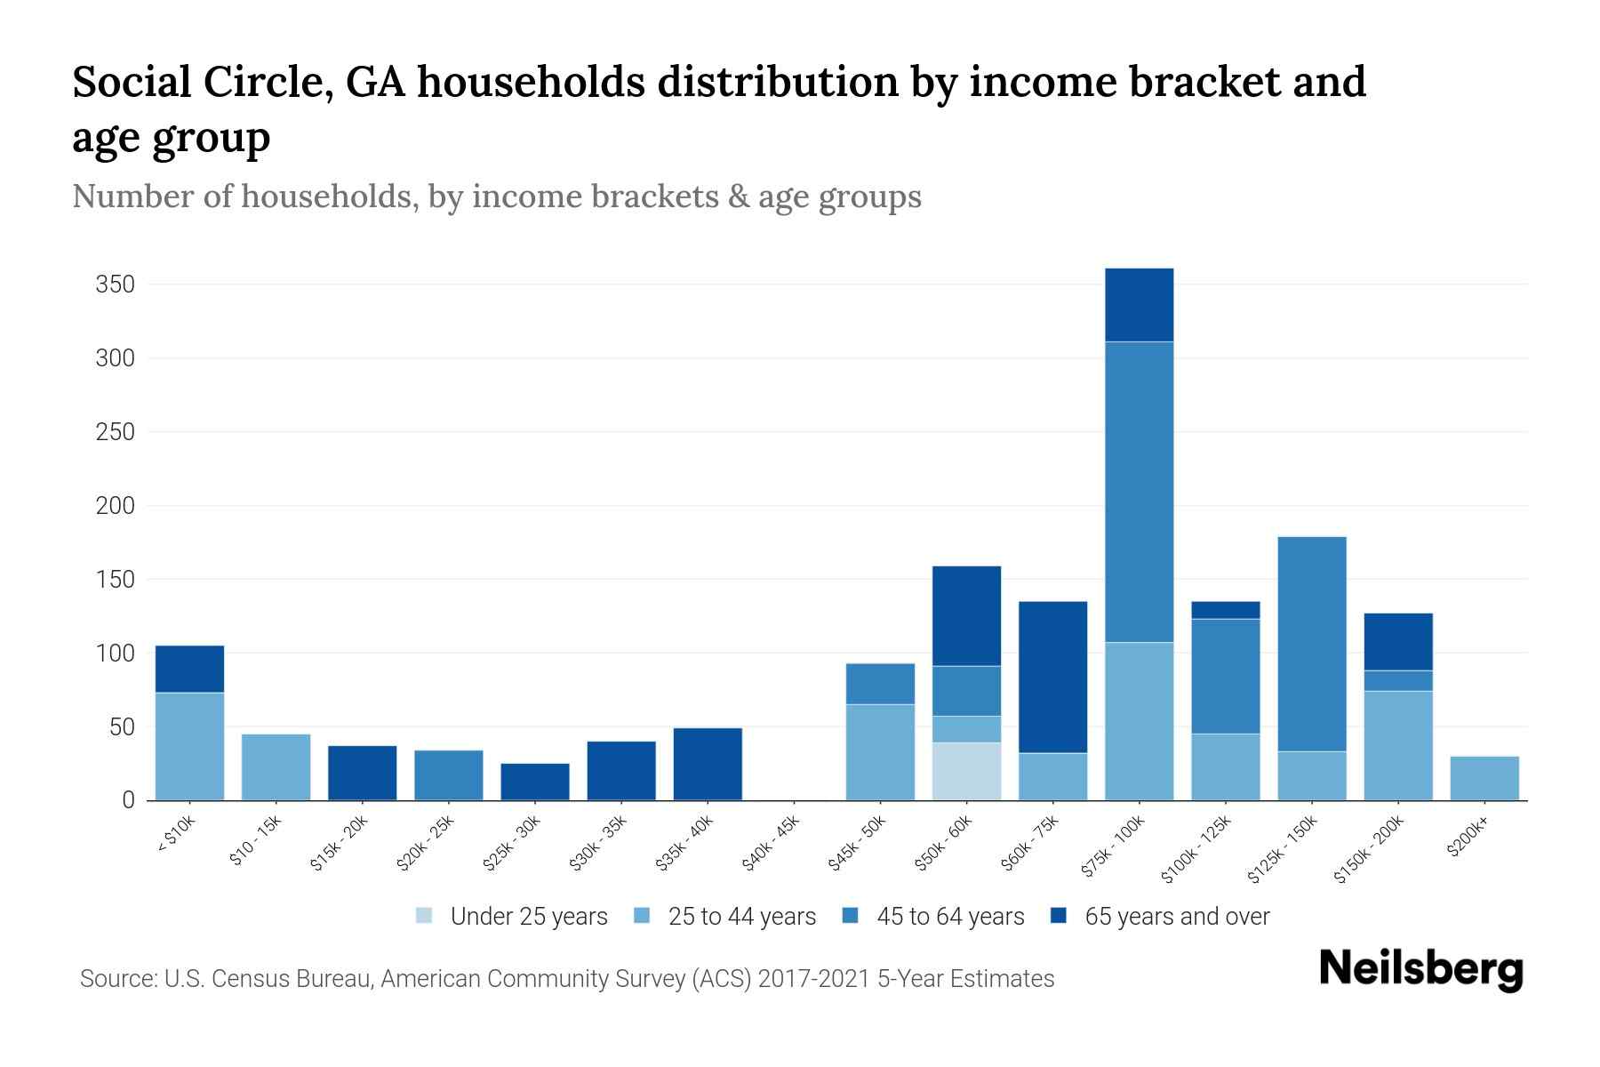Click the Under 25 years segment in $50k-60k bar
[x=966, y=771]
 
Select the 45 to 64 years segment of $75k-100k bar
[x=1139, y=492]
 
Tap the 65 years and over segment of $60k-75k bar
[x=1052, y=677]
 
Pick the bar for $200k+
[x=1484, y=778]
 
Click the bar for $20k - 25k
[x=449, y=775]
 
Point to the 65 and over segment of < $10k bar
[x=189, y=669]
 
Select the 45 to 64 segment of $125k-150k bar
[x=1311, y=644]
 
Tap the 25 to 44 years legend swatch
[x=642, y=916]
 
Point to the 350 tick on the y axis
[x=115, y=285]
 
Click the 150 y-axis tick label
[x=115, y=580]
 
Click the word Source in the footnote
[x=116, y=979]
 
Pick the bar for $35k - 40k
[x=708, y=764]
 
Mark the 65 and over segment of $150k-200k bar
[x=1397, y=641]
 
